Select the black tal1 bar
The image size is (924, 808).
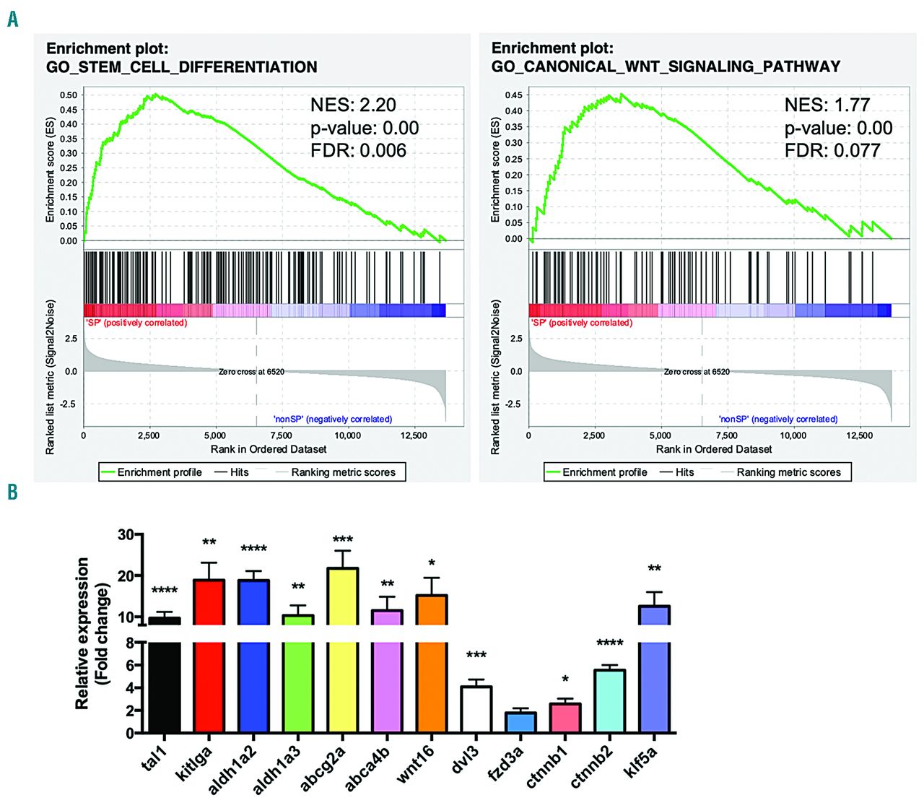(x=165, y=679)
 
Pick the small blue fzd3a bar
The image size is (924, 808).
(x=521, y=722)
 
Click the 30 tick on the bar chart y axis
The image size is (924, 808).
(x=126, y=535)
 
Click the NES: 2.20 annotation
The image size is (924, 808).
(x=353, y=105)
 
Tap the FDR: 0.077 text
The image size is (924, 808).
(x=832, y=151)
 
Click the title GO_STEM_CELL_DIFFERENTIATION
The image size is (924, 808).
(x=181, y=67)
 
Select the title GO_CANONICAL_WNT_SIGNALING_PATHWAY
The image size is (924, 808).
(x=666, y=67)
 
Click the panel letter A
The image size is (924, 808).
(x=12, y=19)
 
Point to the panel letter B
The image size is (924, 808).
(x=12, y=492)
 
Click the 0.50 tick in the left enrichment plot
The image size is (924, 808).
(x=69, y=95)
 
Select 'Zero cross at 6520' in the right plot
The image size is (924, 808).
(x=697, y=372)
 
